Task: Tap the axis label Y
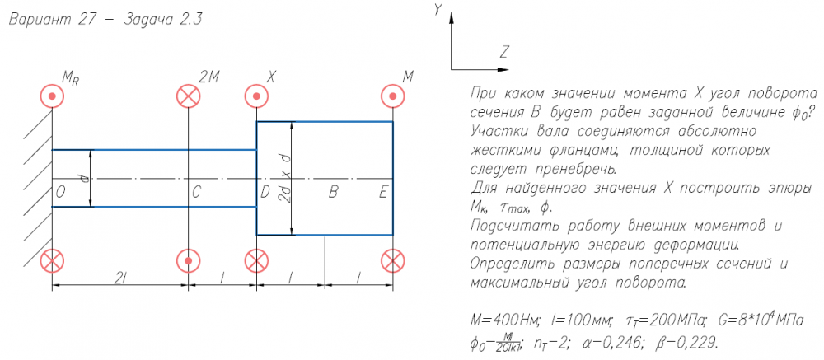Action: click(x=439, y=9)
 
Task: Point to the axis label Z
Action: click(x=503, y=52)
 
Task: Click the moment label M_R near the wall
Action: click(x=70, y=78)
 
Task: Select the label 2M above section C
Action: click(x=209, y=77)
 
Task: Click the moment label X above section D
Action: click(x=270, y=77)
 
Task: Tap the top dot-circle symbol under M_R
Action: click(x=53, y=97)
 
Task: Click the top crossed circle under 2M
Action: click(x=189, y=97)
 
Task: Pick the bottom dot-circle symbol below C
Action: click(x=189, y=261)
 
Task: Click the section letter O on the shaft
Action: click(x=61, y=193)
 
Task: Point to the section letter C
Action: click(x=196, y=193)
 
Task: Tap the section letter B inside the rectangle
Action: click(x=333, y=193)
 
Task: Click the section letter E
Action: click(x=383, y=193)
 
